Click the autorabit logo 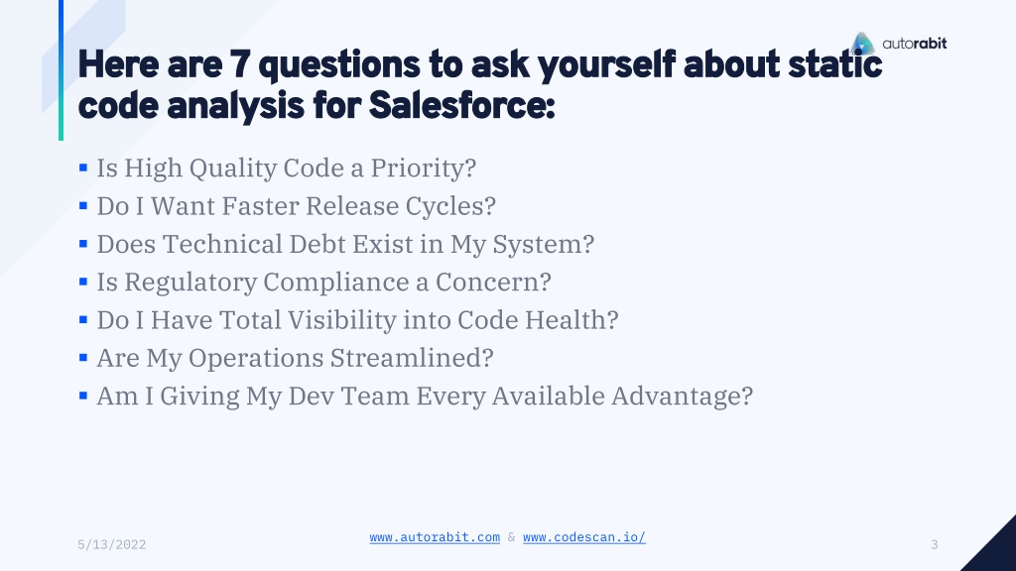click(899, 44)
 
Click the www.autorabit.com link click(435, 537)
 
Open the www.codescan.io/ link click(584, 537)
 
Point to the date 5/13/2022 click(111, 544)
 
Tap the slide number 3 click(935, 544)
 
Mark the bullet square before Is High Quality click(83, 168)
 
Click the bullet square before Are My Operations click(83, 357)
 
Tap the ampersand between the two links click(511, 537)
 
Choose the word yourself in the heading click(606, 65)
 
